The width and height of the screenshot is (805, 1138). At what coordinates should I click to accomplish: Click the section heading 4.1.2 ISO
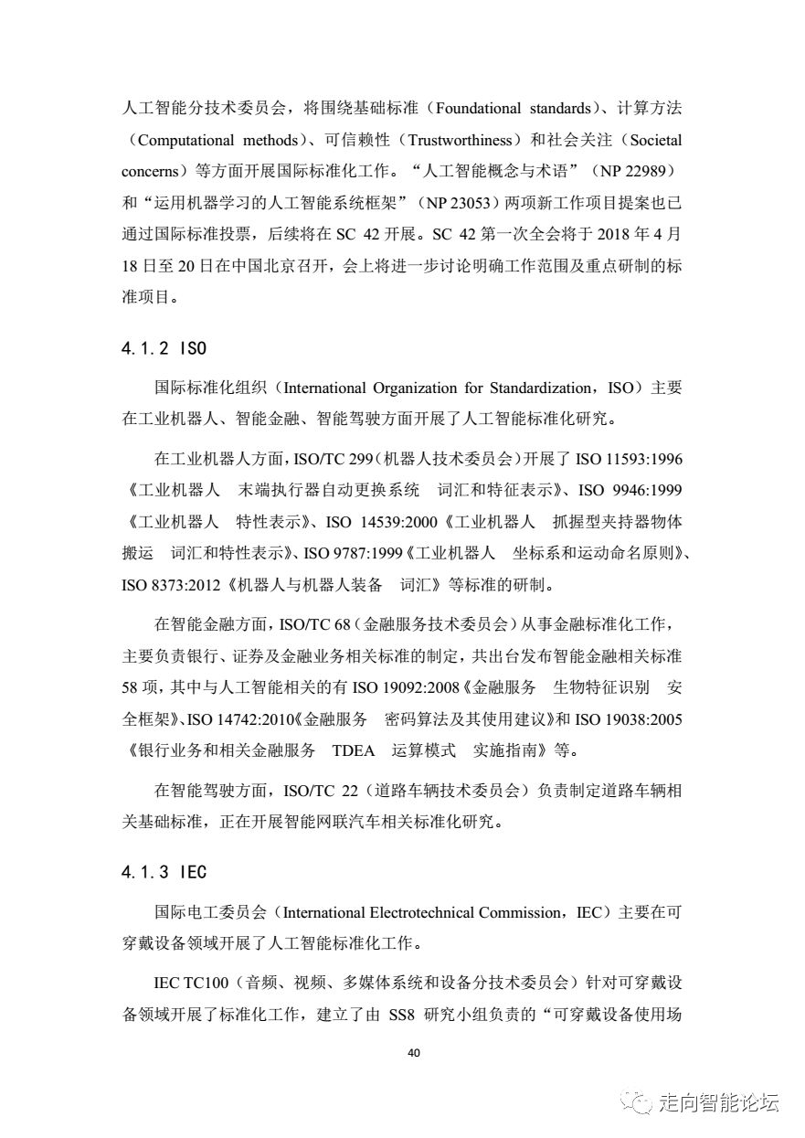[164, 348]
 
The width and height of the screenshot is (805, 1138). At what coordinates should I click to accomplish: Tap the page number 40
[413, 1052]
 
